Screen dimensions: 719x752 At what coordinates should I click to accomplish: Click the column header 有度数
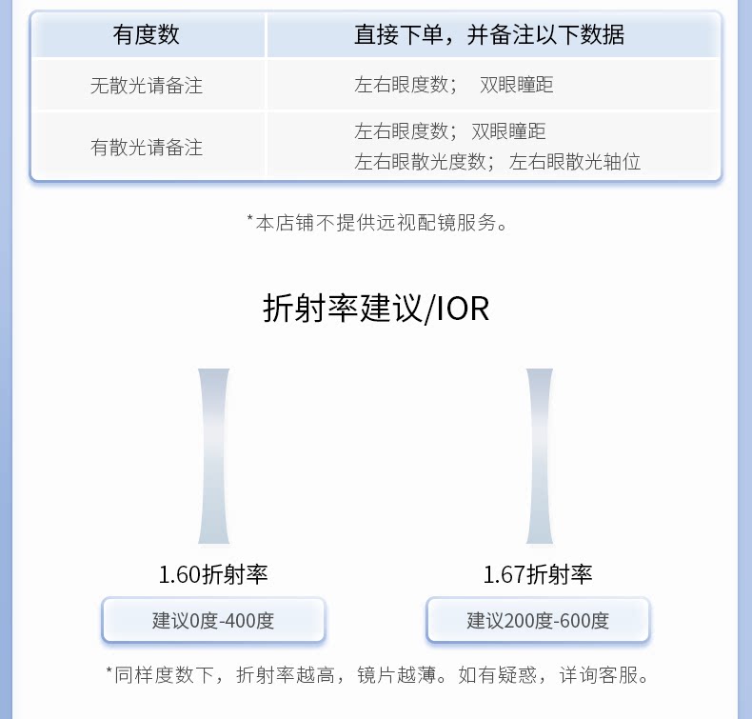point(147,35)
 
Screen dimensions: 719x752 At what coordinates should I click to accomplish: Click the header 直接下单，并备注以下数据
point(489,35)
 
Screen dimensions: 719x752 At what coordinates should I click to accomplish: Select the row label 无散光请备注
point(147,86)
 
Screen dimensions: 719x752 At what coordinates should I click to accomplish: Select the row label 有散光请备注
point(147,148)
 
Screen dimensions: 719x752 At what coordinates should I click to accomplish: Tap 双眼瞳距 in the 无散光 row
point(517,85)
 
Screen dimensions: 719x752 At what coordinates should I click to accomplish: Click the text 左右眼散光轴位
point(575,162)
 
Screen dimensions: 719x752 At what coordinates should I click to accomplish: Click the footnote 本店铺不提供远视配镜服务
point(377,223)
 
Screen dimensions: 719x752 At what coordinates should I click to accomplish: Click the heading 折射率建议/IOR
point(376,309)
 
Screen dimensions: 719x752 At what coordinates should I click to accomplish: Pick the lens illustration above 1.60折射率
point(214,456)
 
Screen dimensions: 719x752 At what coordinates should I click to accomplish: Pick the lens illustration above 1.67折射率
point(540,456)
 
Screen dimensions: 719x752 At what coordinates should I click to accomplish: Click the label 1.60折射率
point(213,574)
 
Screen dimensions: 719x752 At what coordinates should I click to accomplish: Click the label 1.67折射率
point(538,574)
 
